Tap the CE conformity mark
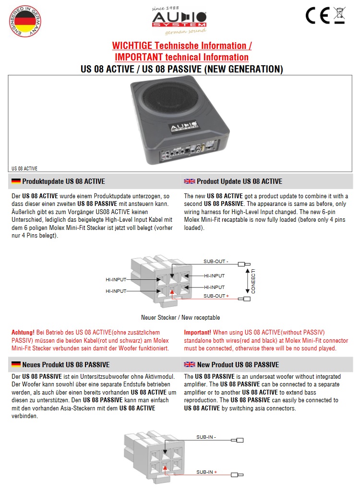tap(317, 16)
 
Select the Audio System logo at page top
tap(179, 19)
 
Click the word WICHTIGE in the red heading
tap(131, 46)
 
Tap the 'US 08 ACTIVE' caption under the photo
tap(24, 168)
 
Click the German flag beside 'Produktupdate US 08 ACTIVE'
tap(16, 181)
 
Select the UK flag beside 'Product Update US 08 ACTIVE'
tap(190, 181)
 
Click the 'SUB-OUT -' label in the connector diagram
tap(216, 262)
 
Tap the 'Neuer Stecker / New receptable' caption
tap(180, 318)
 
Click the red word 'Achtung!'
tap(23, 332)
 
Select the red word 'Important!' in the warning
tap(198, 332)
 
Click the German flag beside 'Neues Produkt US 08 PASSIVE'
tap(16, 365)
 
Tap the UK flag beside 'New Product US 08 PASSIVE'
tap(190, 365)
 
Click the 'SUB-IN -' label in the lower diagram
tap(206, 437)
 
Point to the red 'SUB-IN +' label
tap(207, 472)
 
